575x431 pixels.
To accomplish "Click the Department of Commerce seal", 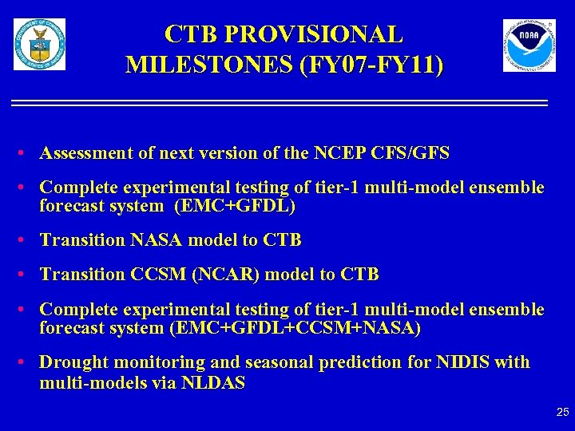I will [39, 45].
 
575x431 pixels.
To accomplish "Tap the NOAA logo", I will [529, 45].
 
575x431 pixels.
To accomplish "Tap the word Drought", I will [73, 362].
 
